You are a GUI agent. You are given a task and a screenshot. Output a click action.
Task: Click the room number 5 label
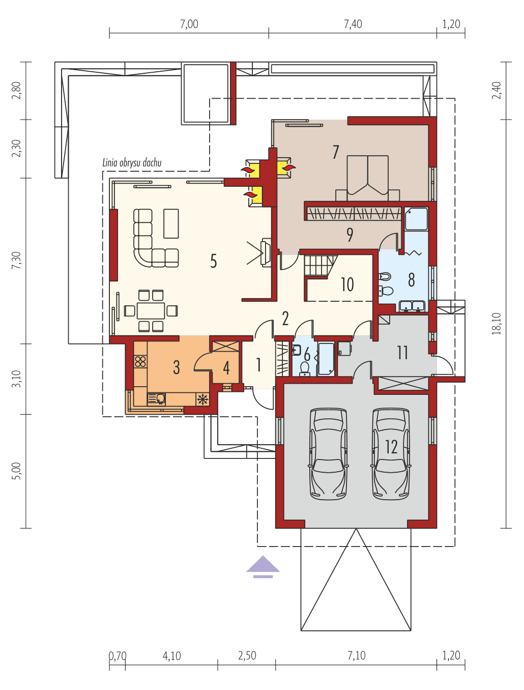point(214,261)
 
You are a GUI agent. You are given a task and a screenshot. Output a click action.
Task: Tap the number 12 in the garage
point(391,447)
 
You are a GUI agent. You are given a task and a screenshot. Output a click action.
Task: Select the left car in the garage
point(329,453)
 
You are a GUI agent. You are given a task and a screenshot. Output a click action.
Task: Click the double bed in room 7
point(367,178)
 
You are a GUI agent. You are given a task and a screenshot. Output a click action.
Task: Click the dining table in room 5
point(151,310)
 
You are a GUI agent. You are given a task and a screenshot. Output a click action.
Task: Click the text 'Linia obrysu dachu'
point(132,163)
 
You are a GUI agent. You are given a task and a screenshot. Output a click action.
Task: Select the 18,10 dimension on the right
point(497,323)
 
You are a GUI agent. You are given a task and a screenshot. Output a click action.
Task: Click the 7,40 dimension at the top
point(353,24)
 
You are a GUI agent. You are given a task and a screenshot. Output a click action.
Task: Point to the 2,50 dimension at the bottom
point(247,656)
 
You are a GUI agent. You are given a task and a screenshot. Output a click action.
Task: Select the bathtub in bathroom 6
point(326,359)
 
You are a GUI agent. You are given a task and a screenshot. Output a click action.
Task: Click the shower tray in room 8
point(416,218)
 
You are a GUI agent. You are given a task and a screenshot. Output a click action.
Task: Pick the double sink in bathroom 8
point(412,306)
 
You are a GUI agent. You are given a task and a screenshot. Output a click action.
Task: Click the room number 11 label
point(402,353)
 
